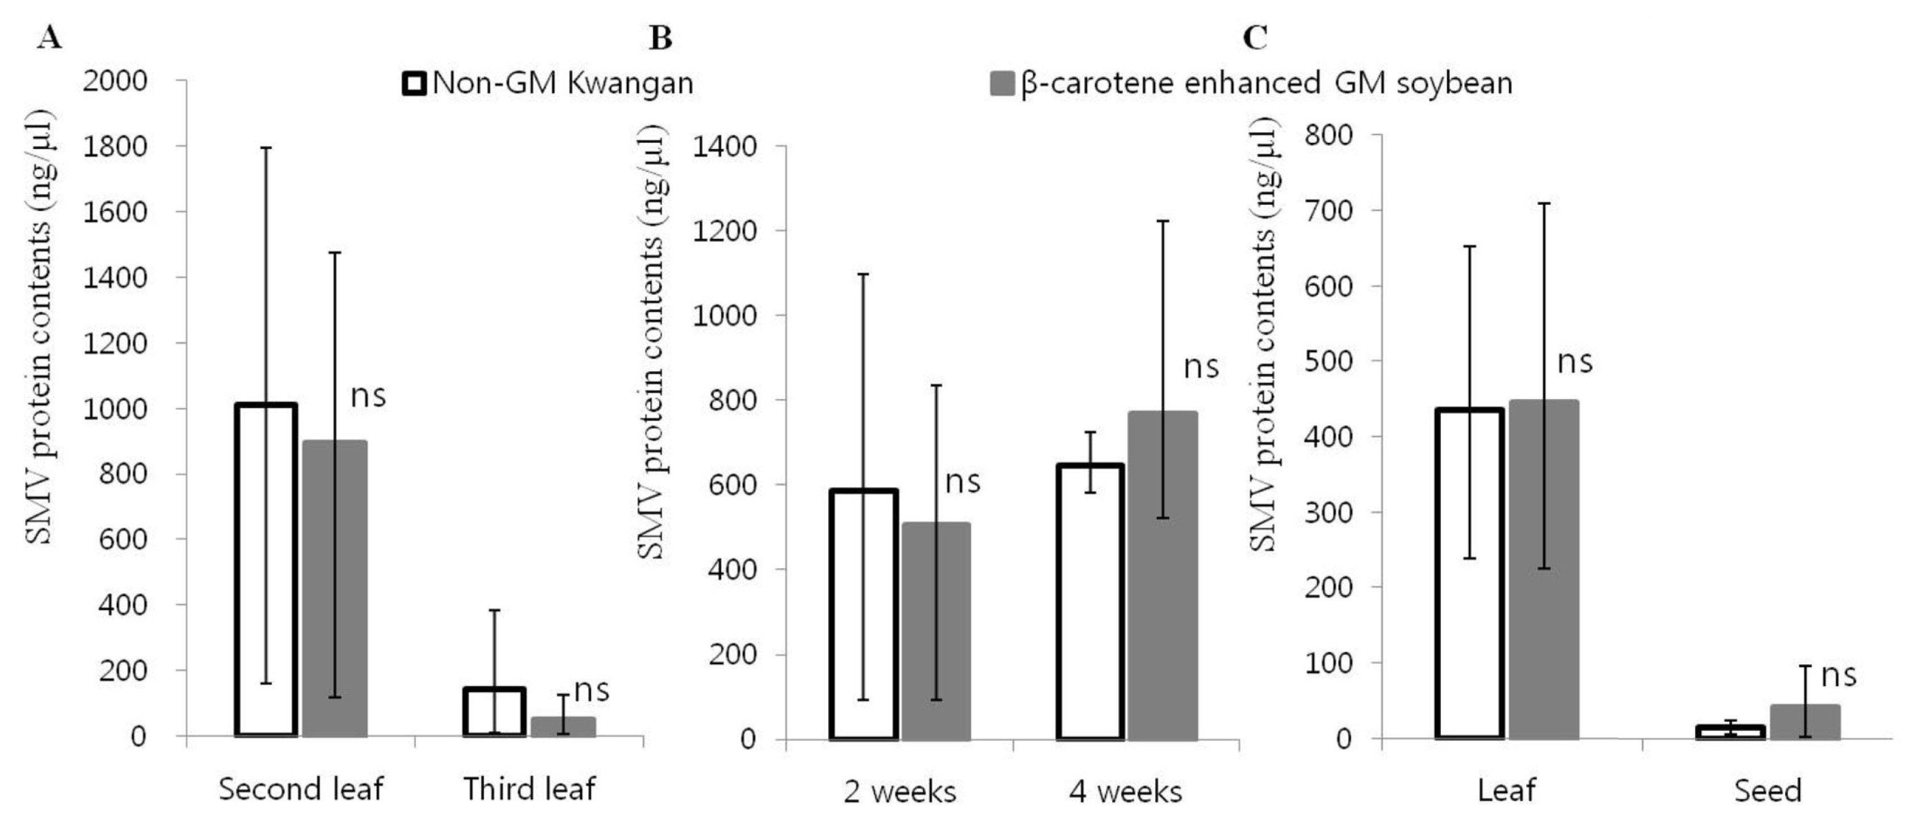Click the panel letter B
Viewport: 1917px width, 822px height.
click(x=660, y=37)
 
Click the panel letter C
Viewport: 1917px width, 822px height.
click(x=1255, y=37)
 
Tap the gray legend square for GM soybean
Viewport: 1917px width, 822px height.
click(x=1002, y=83)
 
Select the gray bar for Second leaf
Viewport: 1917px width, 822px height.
click(x=335, y=588)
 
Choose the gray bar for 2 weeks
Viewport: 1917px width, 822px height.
click(x=936, y=631)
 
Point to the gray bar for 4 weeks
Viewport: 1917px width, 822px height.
click(x=1162, y=576)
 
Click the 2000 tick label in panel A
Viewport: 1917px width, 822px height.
click(x=115, y=80)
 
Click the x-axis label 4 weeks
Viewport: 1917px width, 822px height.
click(x=1125, y=791)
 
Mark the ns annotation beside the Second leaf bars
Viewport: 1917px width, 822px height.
click(x=369, y=396)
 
